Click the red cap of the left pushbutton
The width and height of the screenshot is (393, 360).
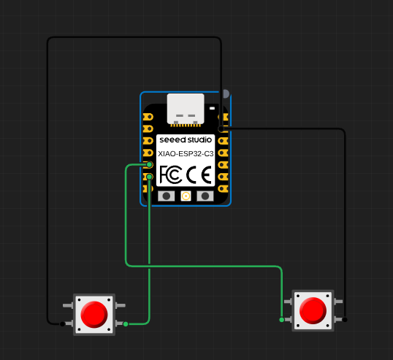tap(94, 315)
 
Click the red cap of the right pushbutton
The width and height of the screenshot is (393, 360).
tap(313, 310)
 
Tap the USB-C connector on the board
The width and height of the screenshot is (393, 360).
tap(186, 109)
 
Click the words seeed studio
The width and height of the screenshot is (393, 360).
tap(186, 139)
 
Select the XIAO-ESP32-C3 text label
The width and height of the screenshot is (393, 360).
tap(186, 154)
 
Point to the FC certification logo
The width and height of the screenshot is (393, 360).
tap(171, 175)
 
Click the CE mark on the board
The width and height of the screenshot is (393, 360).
tap(199, 175)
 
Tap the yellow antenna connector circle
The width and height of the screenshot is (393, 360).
tap(186, 196)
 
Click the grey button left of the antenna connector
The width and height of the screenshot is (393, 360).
tap(166, 196)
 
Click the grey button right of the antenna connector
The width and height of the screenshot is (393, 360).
tap(205, 196)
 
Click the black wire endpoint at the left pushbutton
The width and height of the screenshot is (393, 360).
tap(62, 324)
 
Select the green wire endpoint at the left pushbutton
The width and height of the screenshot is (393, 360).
tap(126, 324)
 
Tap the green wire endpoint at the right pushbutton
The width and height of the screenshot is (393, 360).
tap(282, 320)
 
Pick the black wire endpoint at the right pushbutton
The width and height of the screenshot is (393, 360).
tap(345, 320)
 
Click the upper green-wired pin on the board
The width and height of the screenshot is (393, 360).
tap(149, 164)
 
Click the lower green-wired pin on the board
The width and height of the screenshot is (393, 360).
tap(149, 177)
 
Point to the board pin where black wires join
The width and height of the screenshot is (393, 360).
tap(221, 129)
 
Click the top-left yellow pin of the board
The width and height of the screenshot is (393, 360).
tap(148, 117)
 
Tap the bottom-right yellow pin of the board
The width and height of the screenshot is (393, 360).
tap(223, 188)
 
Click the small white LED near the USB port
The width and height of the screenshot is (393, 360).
tap(212, 108)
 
